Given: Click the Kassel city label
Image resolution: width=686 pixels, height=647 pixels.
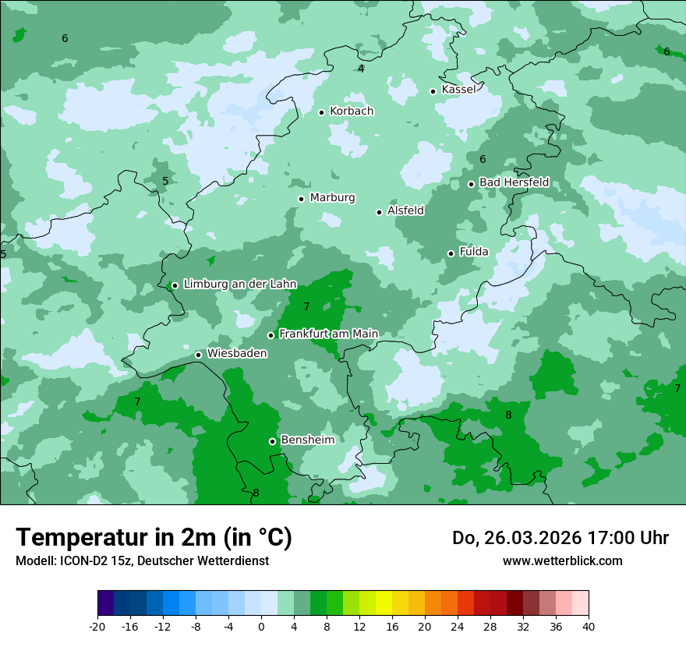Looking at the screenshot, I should pyautogui.click(x=458, y=90).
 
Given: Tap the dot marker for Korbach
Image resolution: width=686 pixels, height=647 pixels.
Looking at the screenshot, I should pyautogui.click(x=321, y=112).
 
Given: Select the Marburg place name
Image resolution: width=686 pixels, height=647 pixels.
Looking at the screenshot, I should pyautogui.click(x=332, y=198).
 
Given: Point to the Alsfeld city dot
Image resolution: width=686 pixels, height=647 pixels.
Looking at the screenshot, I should pyautogui.click(x=379, y=212).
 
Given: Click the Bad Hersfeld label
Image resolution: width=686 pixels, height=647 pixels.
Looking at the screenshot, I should pyautogui.click(x=514, y=182).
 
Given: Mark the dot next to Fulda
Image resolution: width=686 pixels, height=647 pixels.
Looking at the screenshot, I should pyautogui.click(x=451, y=253).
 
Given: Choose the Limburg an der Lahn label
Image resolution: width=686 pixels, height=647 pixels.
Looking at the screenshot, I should pyautogui.click(x=239, y=285).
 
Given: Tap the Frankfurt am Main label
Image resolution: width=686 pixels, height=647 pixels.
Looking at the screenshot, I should pyautogui.click(x=328, y=334).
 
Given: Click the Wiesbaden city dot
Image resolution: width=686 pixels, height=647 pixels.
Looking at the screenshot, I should pyautogui.click(x=198, y=355).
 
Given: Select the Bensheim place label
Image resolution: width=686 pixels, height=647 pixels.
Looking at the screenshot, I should pyautogui.click(x=307, y=440).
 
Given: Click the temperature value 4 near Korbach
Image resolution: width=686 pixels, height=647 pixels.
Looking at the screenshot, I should pyautogui.click(x=361, y=69).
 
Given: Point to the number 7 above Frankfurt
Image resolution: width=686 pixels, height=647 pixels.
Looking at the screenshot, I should pyautogui.click(x=306, y=306).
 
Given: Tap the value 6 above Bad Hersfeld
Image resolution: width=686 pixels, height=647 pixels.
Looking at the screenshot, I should pyautogui.click(x=483, y=159).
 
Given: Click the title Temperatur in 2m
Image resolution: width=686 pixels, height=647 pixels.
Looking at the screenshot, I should pyautogui.click(x=154, y=538).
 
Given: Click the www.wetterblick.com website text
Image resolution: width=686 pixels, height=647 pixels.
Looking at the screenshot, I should pyautogui.click(x=562, y=560).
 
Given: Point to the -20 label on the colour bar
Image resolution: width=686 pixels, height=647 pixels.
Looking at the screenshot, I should pyautogui.click(x=97, y=626).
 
